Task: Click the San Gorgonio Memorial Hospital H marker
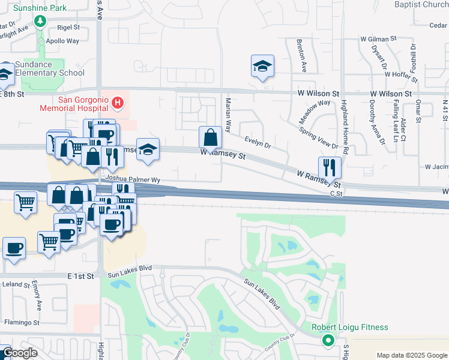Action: (x=118, y=103)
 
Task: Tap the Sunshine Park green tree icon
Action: (x=40, y=22)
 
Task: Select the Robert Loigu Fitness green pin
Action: (x=328, y=341)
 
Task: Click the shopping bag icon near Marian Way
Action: (x=211, y=137)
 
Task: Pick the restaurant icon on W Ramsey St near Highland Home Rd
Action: (x=330, y=167)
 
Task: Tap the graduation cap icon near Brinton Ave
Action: (x=262, y=66)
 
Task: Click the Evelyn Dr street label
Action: (x=258, y=142)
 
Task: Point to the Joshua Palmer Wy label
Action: (x=133, y=179)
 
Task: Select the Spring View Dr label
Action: (x=319, y=137)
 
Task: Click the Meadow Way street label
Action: (x=315, y=112)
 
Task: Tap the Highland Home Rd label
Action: (x=345, y=120)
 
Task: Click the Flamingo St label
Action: (x=22, y=322)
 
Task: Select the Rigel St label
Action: (x=68, y=28)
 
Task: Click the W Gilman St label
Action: (x=379, y=38)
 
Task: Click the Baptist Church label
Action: (x=421, y=5)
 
